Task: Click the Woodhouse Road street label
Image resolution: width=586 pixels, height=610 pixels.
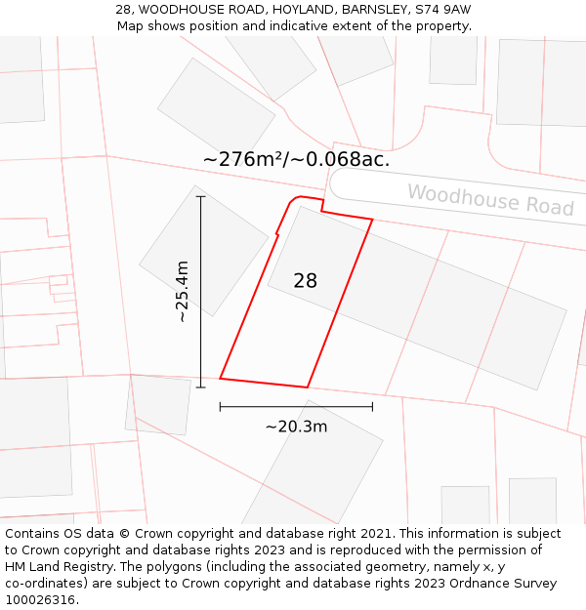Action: (490, 199)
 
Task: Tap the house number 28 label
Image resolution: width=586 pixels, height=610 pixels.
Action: (306, 281)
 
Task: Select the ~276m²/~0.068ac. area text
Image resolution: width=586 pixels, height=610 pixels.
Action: (297, 159)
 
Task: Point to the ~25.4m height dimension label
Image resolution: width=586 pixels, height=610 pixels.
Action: (182, 292)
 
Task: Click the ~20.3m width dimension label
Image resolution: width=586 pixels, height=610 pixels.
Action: (296, 427)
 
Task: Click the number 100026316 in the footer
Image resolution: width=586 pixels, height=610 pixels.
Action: (41, 600)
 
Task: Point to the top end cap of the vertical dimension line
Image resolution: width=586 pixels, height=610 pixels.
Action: (201, 196)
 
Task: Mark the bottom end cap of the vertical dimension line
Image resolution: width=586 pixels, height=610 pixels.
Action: (201, 387)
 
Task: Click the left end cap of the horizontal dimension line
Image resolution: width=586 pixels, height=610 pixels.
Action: (220, 406)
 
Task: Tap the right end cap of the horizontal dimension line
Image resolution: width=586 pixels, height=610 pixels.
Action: (372, 406)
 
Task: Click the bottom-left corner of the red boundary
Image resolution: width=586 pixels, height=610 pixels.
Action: (220, 378)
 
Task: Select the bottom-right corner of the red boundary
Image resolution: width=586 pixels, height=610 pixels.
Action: (308, 387)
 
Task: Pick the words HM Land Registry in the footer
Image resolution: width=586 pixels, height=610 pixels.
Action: (53, 567)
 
